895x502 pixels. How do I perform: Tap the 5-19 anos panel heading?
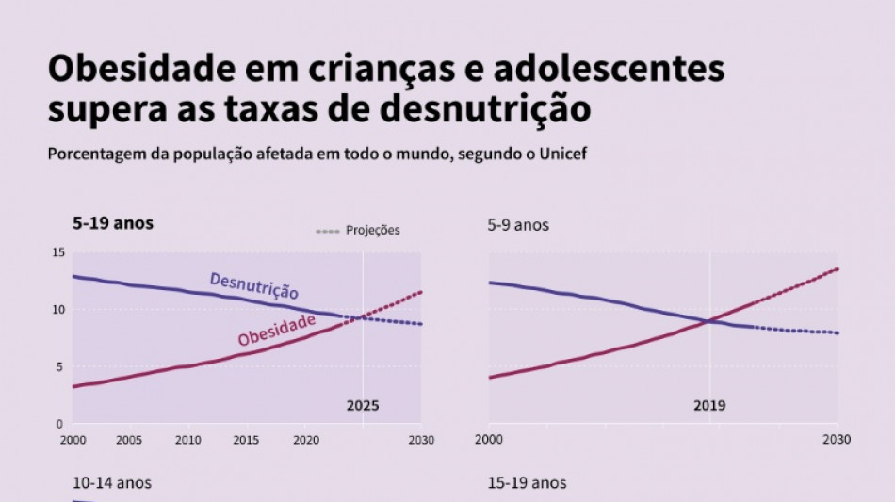113,224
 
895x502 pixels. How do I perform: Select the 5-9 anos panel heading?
517,225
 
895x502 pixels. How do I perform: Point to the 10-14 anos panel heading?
111,483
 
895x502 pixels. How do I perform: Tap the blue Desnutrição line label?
253,285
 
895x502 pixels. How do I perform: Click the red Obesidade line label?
276,330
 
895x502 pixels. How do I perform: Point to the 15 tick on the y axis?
58,252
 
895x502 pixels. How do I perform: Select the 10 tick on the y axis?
58,310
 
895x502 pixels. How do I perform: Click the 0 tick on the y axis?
61,424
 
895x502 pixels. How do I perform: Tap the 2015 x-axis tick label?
246,440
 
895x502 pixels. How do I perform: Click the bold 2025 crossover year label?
363,406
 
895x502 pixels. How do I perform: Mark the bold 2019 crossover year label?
709,406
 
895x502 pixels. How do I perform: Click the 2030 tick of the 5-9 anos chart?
837,440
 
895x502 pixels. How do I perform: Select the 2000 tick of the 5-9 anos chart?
488,440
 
